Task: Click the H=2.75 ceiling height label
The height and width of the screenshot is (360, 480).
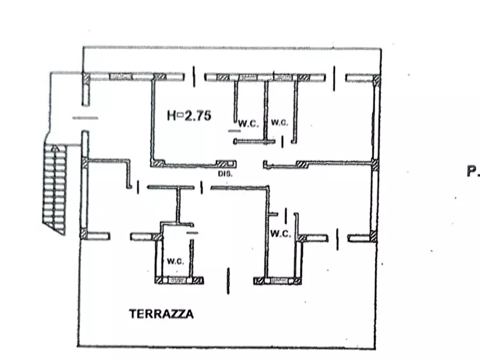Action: pos(189,114)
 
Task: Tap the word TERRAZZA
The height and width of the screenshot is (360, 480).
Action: pos(161,314)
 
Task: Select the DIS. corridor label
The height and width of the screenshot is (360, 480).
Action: pos(224,174)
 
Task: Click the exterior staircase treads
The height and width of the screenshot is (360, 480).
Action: pos(56,188)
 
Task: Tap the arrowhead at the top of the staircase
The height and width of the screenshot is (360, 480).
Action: pos(53,148)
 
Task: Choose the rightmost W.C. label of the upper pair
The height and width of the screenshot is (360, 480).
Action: pos(279,123)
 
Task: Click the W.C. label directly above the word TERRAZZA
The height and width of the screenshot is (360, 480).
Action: pos(176,262)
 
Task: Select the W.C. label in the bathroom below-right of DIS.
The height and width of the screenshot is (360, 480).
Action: pos(281,234)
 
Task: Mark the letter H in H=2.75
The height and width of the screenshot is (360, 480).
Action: pos(171,114)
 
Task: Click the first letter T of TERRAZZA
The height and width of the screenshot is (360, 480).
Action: pos(132,314)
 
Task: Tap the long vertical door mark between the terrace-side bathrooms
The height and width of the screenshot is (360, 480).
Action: pos(228,280)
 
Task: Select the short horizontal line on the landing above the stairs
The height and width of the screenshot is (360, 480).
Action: pos(85,118)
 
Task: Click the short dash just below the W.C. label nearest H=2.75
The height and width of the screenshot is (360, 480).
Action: pos(234,131)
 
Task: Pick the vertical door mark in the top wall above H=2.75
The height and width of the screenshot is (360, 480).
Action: pos(194,76)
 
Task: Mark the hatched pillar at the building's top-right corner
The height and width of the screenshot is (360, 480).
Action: pos(376,81)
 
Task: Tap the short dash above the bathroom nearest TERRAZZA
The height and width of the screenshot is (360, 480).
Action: pos(192,233)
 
